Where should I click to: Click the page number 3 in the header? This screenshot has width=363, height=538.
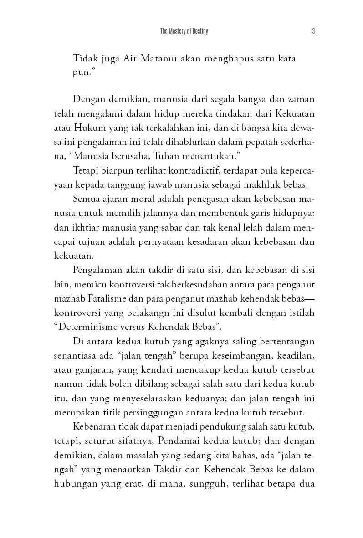coord(314,31)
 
